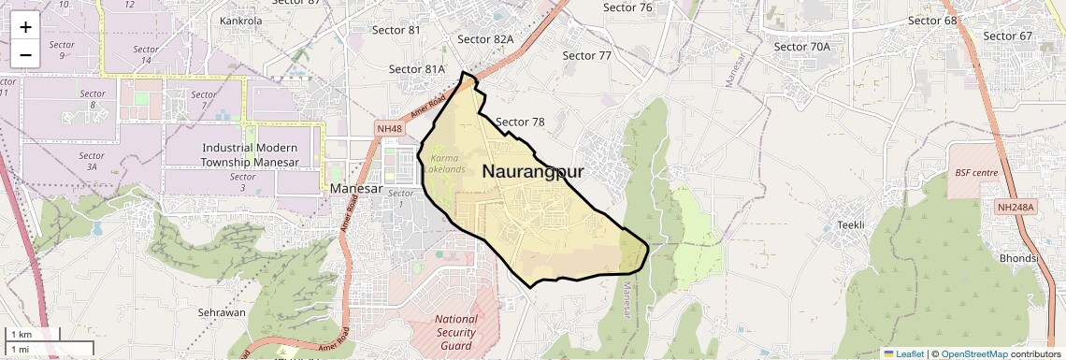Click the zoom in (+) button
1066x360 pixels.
25,27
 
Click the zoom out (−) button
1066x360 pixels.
25,54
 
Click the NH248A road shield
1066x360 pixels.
1017,207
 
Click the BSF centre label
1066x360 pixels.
976,173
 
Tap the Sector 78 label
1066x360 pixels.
520,122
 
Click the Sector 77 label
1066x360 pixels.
586,56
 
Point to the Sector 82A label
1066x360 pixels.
485,39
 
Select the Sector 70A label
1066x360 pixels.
802,46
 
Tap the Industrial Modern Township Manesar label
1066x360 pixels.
250,155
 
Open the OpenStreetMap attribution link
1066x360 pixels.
973,353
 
